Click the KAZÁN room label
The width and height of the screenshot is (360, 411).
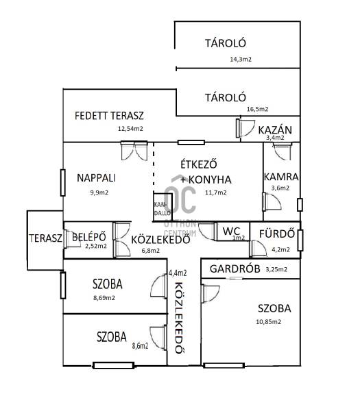pyautogui.click(x=275, y=130)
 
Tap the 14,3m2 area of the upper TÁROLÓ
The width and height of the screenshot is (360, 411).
pyautogui.click(x=241, y=59)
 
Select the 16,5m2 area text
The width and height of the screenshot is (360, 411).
pyautogui.click(x=257, y=109)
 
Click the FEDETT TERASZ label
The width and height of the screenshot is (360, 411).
pyautogui.click(x=109, y=116)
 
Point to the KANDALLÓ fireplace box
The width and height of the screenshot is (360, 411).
pyautogui.click(x=163, y=207)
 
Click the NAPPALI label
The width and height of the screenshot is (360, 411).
pyautogui.click(x=96, y=178)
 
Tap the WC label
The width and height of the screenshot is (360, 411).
pyautogui.click(x=231, y=232)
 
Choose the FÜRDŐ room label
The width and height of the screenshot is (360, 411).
pyautogui.click(x=277, y=234)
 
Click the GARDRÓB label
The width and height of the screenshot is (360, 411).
pyautogui.click(x=235, y=269)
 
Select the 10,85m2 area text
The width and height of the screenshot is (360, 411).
pyautogui.click(x=268, y=322)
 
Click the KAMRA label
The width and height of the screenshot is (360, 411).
pyautogui.click(x=281, y=177)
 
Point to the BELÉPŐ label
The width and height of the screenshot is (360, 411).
pyautogui.click(x=89, y=237)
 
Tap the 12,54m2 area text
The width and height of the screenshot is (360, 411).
pyautogui.click(x=130, y=129)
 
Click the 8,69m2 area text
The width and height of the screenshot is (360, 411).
pyautogui.click(x=104, y=298)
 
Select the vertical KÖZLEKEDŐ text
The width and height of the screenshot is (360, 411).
pyautogui.click(x=179, y=319)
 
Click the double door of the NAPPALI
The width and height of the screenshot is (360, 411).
pyautogui.click(x=134, y=151)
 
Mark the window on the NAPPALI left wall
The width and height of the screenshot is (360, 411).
pyautogui.click(x=62, y=183)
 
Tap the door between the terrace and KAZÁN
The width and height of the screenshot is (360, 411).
pyautogui.click(x=245, y=128)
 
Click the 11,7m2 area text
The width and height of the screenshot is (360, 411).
pyautogui.click(x=216, y=192)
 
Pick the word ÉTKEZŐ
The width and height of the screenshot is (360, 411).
pyautogui.click(x=199, y=164)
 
